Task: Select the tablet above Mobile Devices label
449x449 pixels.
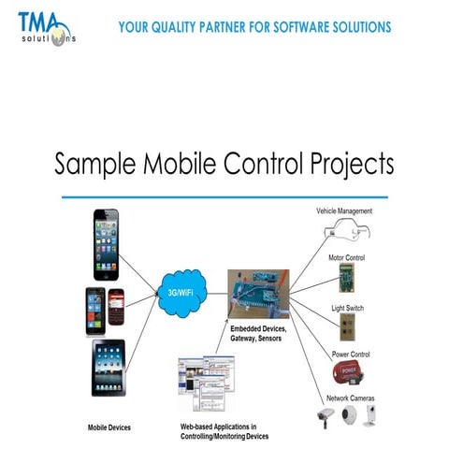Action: (x=109, y=368)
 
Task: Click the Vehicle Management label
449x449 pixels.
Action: (x=344, y=211)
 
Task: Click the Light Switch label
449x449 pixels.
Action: (x=347, y=308)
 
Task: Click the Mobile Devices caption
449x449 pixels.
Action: (x=109, y=427)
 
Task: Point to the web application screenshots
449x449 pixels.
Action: (x=202, y=384)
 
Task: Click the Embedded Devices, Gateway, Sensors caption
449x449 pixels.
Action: (x=258, y=333)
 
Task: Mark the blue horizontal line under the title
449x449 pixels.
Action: (x=224, y=197)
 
